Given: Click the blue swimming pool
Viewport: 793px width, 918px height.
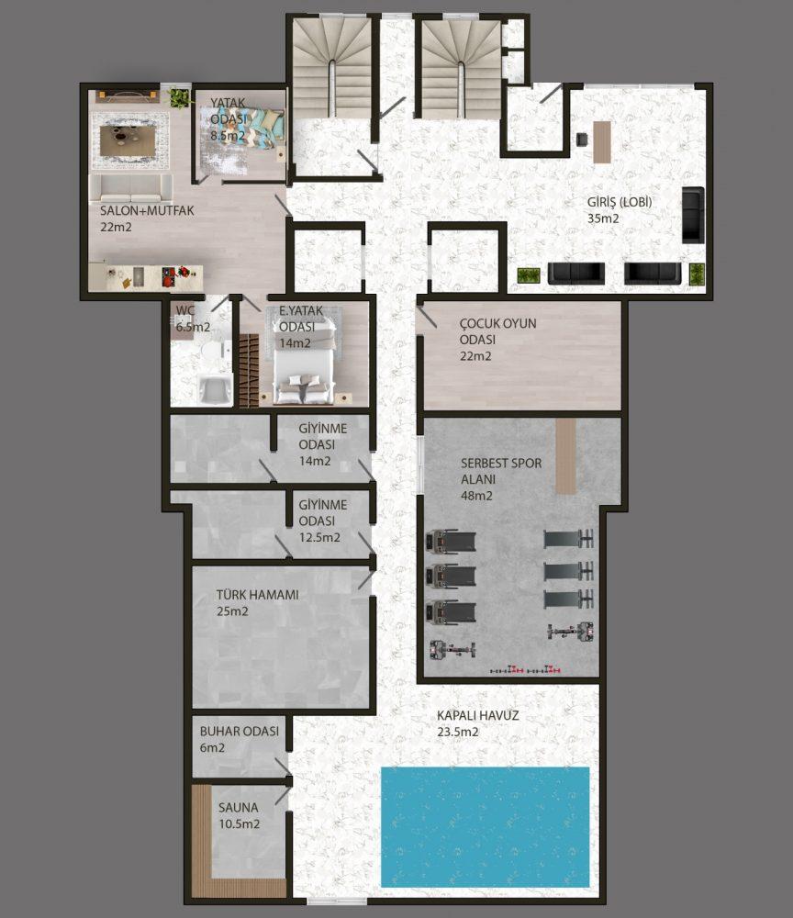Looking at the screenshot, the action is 485,827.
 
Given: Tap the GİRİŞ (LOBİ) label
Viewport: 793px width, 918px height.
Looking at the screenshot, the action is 620,203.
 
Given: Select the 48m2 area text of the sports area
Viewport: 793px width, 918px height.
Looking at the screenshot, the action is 476,496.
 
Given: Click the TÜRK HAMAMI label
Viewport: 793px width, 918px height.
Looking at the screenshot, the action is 258,595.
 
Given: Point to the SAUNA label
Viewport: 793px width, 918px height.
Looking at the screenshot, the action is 239,808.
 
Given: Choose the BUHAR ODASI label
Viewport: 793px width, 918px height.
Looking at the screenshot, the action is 240,732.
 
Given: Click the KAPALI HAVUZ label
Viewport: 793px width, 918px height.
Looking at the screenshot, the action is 477,715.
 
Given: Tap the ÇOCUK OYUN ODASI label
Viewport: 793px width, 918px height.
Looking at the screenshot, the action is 497,331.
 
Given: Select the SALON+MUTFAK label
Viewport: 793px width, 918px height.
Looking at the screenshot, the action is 147,211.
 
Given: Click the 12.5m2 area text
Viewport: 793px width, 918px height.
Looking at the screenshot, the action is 319,537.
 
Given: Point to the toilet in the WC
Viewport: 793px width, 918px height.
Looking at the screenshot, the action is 209,353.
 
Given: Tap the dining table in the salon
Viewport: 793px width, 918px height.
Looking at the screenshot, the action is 128,140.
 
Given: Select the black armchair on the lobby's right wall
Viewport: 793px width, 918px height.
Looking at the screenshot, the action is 693,214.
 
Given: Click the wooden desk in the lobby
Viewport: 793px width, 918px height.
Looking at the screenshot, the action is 601,141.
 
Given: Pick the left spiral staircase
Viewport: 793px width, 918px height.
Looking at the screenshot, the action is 332,67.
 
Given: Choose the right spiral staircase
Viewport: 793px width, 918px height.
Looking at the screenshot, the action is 461,69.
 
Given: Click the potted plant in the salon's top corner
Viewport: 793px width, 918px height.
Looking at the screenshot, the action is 180,98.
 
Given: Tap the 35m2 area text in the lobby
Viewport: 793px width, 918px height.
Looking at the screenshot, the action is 603,219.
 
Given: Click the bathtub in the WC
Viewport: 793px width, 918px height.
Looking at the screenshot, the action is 214,389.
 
